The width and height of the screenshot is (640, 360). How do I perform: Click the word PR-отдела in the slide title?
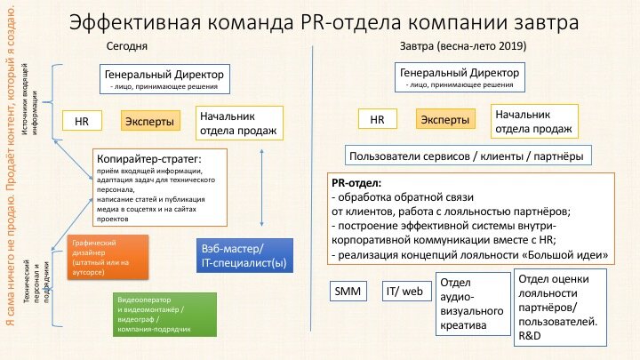click(329, 21)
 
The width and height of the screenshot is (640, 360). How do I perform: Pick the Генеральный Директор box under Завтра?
click(457, 77)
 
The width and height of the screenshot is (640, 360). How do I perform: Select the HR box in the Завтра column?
click(377, 119)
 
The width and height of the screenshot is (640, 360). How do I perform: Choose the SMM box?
click(345, 291)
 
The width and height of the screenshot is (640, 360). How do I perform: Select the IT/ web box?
click(404, 291)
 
